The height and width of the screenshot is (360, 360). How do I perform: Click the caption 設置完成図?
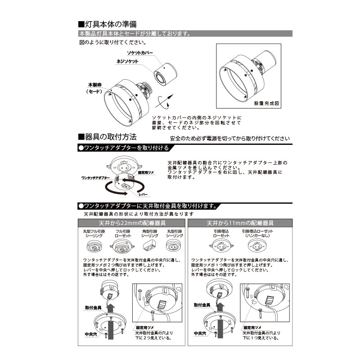(x=267, y=103)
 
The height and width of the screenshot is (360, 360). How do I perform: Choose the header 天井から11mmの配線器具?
(x=240, y=223)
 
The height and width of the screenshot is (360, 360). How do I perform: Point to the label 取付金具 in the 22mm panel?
(x=92, y=308)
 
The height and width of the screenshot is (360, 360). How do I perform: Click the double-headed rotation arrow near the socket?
(x=165, y=101)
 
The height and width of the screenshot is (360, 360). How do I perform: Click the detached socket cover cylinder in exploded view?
(x=164, y=72)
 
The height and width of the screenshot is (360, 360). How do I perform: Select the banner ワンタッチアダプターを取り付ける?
(x=124, y=148)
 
